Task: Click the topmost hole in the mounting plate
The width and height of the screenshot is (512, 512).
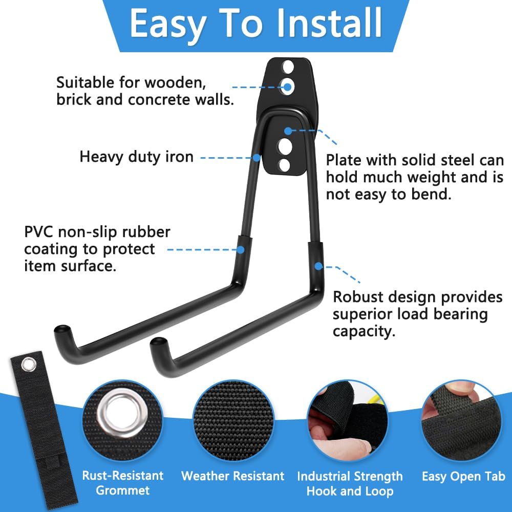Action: coord(288,67)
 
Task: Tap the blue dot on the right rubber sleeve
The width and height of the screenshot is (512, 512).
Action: coord(318,266)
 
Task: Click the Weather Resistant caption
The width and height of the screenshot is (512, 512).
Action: coord(232,476)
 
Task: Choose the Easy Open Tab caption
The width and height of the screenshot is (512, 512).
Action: coord(463,476)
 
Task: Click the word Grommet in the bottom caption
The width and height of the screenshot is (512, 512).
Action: coord(123,490)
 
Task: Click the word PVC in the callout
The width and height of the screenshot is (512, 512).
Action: coord(39,232)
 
